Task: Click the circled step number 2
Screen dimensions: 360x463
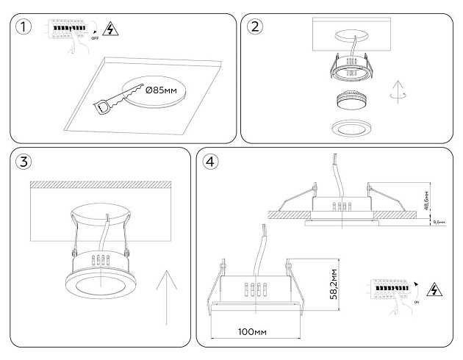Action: (x=256, y=28)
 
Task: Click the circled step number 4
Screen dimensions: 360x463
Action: (x=212, y=162)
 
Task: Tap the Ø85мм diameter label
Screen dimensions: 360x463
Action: (x=162, y=90)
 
